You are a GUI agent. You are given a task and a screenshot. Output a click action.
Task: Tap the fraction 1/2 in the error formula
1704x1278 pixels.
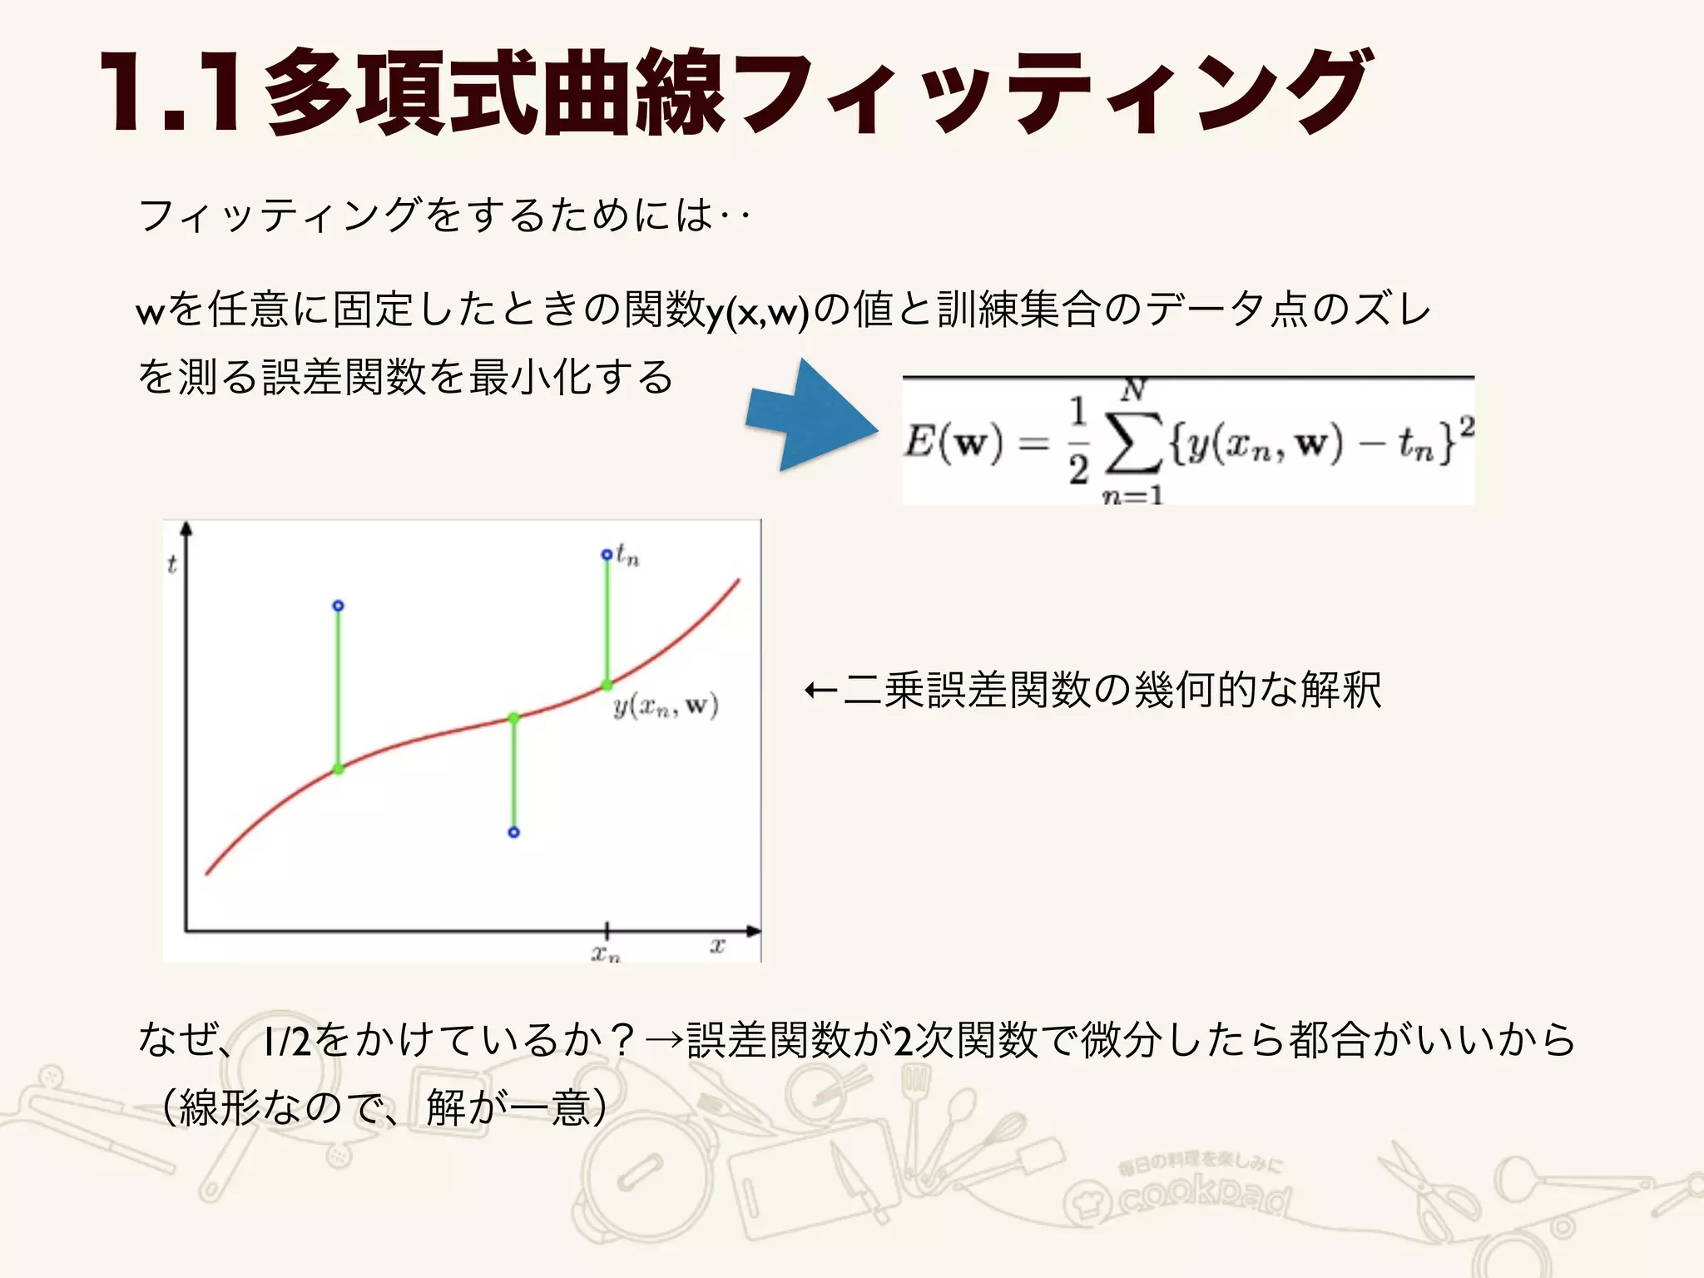(x=1078, y=441)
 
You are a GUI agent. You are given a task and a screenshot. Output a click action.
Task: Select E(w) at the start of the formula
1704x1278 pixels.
(x=954, y=441)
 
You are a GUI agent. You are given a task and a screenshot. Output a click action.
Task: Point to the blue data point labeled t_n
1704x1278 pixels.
(x=607, y=555)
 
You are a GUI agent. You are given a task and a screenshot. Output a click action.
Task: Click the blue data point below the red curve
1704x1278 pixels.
(x=514, y=832)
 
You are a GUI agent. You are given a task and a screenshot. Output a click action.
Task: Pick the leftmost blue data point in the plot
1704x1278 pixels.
(x=338, y=606)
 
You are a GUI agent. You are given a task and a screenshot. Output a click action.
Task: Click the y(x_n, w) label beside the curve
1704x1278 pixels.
(x=666, y=706)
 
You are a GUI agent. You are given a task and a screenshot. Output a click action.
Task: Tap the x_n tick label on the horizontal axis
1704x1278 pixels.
(x=606, y=953)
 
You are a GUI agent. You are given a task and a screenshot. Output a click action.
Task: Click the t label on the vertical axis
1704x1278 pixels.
(x=172, y=565)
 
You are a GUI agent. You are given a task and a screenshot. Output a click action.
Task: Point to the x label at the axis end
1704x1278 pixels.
(x=717, y=945)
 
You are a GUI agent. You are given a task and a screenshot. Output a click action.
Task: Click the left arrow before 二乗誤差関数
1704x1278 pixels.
(x=820, y=691)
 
